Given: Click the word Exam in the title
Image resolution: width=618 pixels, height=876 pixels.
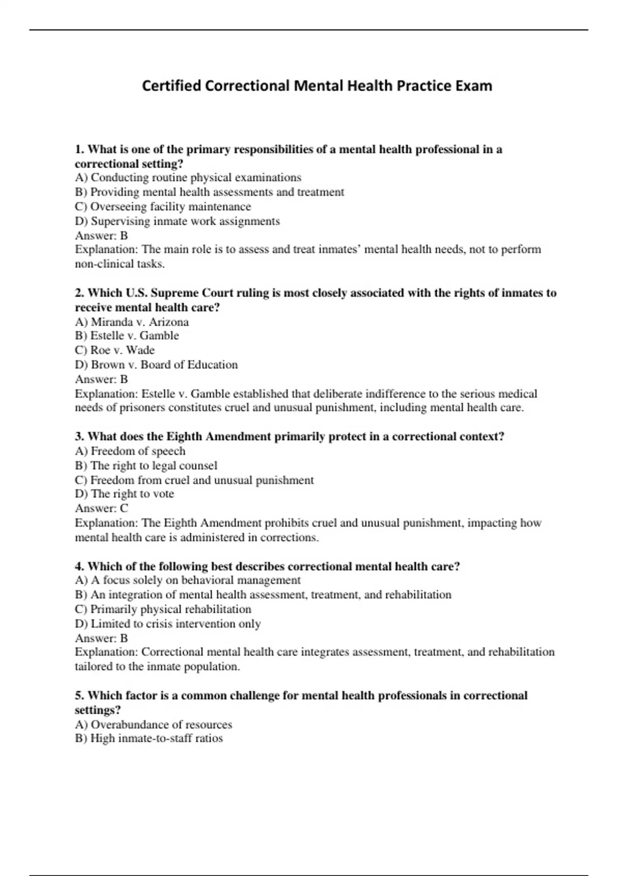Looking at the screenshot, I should point(473,86).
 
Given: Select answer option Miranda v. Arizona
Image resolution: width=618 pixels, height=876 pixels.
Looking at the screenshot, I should point(132,322).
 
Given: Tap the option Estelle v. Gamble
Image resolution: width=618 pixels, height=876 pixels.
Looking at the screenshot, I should point(127,336).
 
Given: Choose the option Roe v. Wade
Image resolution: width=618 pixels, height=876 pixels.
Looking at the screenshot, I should point(115,350).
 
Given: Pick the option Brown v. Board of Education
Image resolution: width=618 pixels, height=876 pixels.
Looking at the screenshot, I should point(157,365).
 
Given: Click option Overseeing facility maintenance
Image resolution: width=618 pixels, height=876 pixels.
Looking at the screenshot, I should point(163,207).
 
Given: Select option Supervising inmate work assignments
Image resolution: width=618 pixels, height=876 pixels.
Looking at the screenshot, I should point(178,221).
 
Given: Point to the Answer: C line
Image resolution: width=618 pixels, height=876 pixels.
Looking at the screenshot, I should point(101,508).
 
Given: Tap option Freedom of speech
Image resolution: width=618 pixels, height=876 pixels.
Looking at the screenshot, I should point(130,451).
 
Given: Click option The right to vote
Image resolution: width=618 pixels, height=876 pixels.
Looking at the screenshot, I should point(125,494).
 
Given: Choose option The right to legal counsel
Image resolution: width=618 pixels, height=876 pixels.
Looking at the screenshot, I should point(146,465).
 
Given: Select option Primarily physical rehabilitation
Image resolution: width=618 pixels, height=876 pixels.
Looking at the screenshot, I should point(163,609).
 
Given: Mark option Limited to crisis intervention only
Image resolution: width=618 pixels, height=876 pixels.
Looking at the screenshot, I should point(168,624).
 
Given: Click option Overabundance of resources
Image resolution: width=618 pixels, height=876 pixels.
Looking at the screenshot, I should point(153,725).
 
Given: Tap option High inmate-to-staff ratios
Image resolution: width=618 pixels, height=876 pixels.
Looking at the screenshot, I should point(149,738).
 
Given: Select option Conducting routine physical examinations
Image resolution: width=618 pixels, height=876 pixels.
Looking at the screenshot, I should point(188,178).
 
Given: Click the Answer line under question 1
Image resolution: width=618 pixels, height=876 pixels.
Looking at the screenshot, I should point(101,235).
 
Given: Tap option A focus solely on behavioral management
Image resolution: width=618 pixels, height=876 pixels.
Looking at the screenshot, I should point(188,580).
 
